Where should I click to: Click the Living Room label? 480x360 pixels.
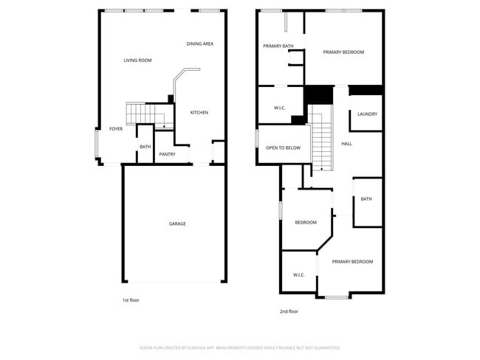tap(137, 60)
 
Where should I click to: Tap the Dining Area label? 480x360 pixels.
tap(199, 44)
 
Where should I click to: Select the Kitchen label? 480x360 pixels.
tap(199, 112)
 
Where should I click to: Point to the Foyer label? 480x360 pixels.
tap(116, 128)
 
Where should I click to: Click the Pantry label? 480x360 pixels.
tap(167, 154)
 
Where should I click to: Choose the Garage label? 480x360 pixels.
tap(177, 224)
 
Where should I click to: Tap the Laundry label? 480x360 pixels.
tap(367, 114)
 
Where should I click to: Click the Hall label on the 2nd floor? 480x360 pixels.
tap(346, 143)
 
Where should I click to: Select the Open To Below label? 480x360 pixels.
tap(283, 148)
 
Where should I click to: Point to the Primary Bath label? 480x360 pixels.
tap(278, 46)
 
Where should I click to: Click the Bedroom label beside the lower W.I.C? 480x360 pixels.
tap(306, 223)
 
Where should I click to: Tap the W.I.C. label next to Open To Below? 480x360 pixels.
tap(280, 108)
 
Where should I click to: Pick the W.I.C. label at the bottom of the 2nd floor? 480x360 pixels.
tap(298, 274)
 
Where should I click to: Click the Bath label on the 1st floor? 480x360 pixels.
tap(145, 146)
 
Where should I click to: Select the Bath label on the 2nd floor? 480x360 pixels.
tap(366, 198)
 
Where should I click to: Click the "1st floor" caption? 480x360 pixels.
tap(131, 300)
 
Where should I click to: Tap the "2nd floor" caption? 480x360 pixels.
tap(289, 311)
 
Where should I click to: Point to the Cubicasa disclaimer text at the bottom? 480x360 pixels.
tap(240, 347)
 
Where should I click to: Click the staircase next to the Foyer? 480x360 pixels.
tap(140, 114)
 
